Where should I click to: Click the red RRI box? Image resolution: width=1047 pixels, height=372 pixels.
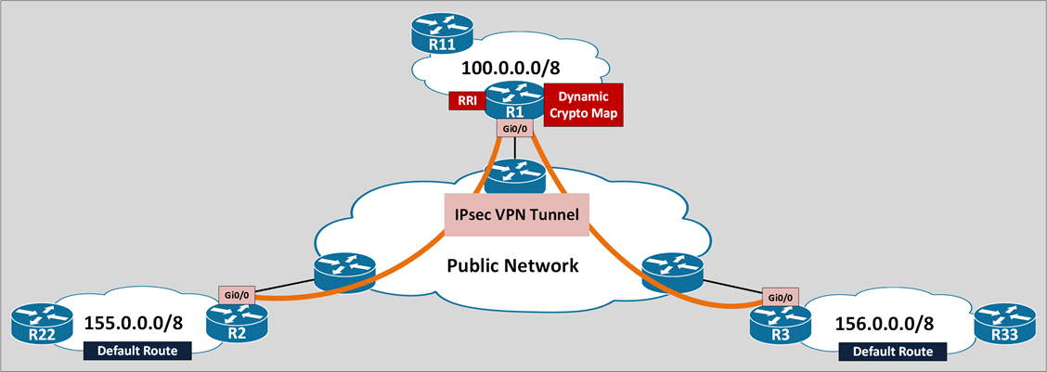click(x=464, y=100)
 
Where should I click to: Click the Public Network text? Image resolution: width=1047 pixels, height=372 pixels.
click(x=512, y=265)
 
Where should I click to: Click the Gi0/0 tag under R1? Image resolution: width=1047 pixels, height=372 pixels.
click(x=514, y=128)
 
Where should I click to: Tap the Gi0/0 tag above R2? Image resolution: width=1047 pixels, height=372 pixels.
click(x=236, y=294)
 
